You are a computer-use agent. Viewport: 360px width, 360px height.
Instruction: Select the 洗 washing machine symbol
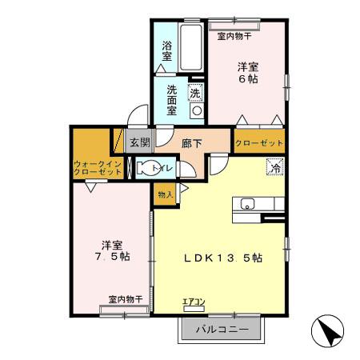click(x=194, y=93)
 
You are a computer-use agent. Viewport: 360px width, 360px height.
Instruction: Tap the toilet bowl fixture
click(x=149, y=168)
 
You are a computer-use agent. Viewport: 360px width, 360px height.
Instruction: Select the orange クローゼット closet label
click(x=259, y=142)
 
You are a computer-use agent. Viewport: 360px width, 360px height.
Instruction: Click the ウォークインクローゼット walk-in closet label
click(x=97, y=167)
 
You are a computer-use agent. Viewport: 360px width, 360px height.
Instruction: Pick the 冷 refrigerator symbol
click(x=274, y=168)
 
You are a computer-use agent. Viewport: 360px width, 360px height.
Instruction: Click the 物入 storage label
click(x=165, y=194)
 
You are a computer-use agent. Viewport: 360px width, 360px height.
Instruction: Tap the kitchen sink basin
click(x=247, y=204)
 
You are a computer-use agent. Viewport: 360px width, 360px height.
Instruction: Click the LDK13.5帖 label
click(x=224, y=258)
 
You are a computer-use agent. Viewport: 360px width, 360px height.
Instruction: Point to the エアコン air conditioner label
click(x=194, y=302)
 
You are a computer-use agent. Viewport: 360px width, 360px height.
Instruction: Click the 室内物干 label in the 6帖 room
click(x=234, y=36)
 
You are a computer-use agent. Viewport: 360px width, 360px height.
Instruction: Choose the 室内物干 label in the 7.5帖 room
click(x=125, y=298)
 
